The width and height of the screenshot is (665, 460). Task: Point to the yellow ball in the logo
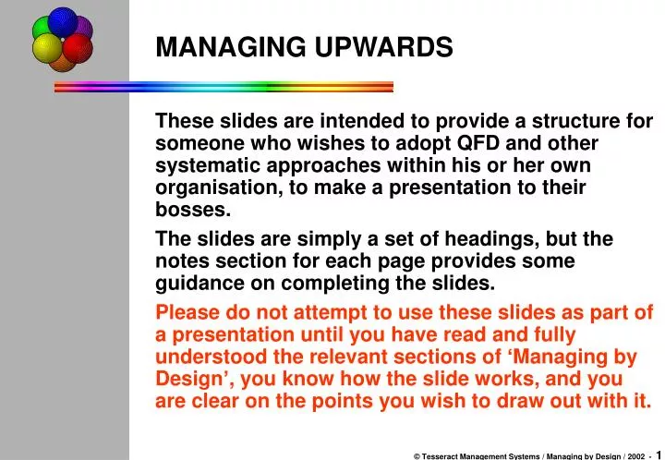point(47,47)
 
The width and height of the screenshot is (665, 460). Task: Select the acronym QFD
point(458,143)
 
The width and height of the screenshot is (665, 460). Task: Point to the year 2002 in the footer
point(635,453)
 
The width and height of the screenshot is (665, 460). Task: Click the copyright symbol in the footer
point(417,453)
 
